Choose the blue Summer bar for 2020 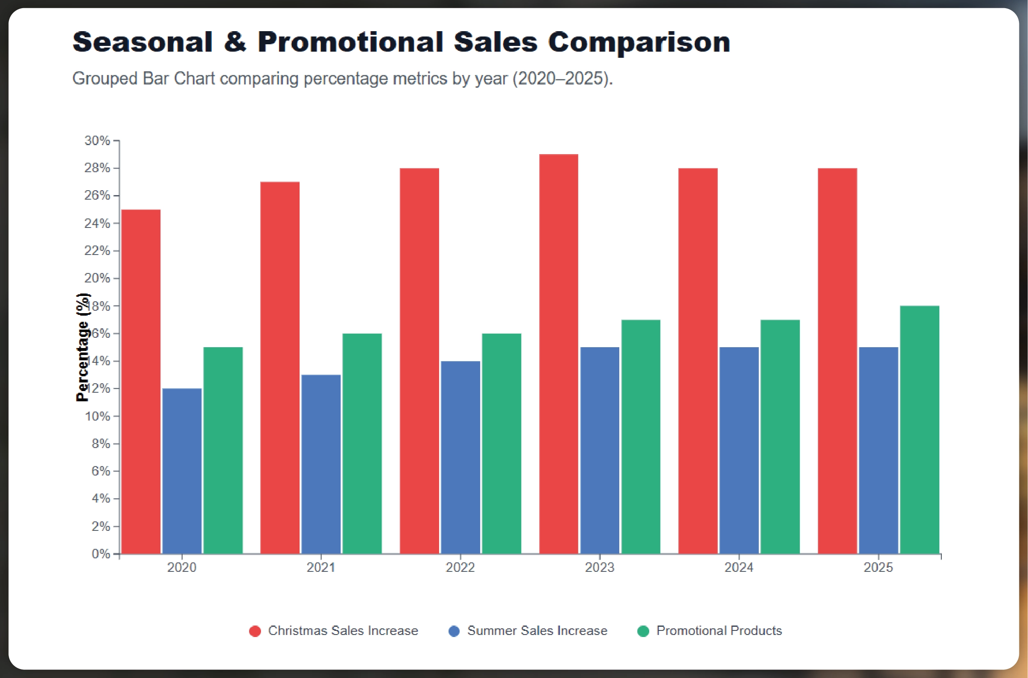point(182,471)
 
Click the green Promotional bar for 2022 point(501,443)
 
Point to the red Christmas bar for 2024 point(698,361)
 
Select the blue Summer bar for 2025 point(878,450)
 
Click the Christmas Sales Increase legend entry point(343,630)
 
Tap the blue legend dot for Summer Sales point(454,631)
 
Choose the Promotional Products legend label point(719,630)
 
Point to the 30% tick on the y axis point(97,141)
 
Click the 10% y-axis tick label point(97,416)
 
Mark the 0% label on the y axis point(101,554)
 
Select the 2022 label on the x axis point(460,567)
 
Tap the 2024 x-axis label point(739,567)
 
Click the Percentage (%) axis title point(82,347)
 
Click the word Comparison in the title point(639,42)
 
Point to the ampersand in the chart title point(235,42)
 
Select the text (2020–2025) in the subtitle point(563,79)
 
